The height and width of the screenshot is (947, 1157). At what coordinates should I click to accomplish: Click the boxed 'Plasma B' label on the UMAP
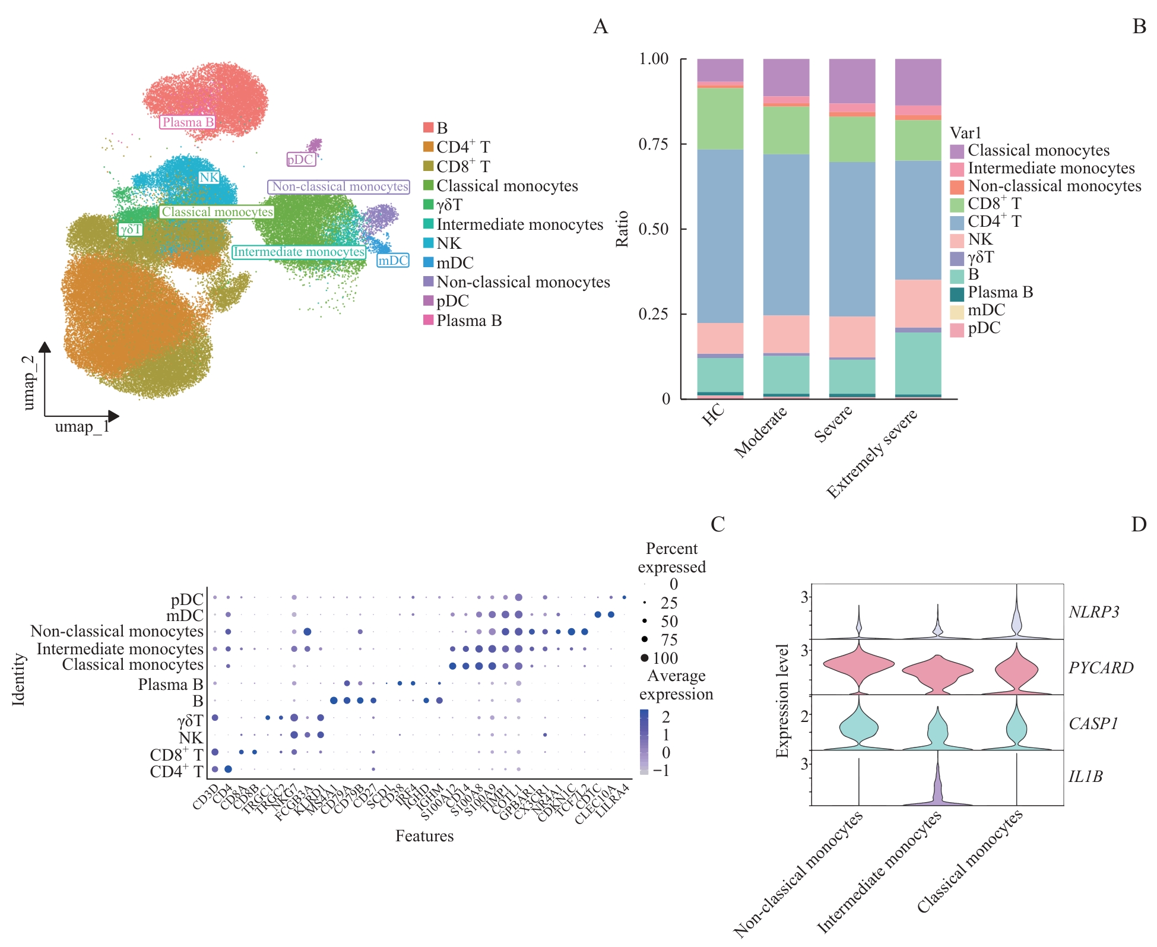point(188,122)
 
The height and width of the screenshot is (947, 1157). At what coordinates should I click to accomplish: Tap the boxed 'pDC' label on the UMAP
point(300,159)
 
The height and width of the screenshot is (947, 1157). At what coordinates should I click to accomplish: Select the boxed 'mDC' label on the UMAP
point(393,260)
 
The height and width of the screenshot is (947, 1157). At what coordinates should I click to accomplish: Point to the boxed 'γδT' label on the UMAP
point(131,229)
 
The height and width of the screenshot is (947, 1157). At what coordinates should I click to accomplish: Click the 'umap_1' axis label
point(82,427)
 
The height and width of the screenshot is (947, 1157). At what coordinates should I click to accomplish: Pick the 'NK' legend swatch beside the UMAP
point(429,243)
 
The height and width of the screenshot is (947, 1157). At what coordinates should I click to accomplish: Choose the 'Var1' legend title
point(966,132)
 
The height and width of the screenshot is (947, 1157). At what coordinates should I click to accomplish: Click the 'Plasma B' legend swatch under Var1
point(957,293)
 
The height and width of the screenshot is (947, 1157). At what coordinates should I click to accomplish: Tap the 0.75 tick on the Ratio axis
point(653,144)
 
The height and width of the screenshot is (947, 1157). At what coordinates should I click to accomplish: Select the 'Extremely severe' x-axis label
point(873,454)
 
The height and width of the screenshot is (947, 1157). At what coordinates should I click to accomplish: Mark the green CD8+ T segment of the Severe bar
point(852,139)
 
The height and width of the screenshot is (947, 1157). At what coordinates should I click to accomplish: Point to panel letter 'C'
point(718,524)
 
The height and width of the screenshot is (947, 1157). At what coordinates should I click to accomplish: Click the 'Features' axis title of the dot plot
point(424,836)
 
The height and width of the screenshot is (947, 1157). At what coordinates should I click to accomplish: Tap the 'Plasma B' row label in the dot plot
point(170,685)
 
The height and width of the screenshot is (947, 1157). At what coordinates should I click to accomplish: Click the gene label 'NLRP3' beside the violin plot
point(1093,612)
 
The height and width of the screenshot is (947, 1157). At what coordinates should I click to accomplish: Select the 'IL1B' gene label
point(1086,777)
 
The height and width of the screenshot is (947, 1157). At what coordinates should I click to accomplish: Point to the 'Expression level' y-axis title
point(782,701)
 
